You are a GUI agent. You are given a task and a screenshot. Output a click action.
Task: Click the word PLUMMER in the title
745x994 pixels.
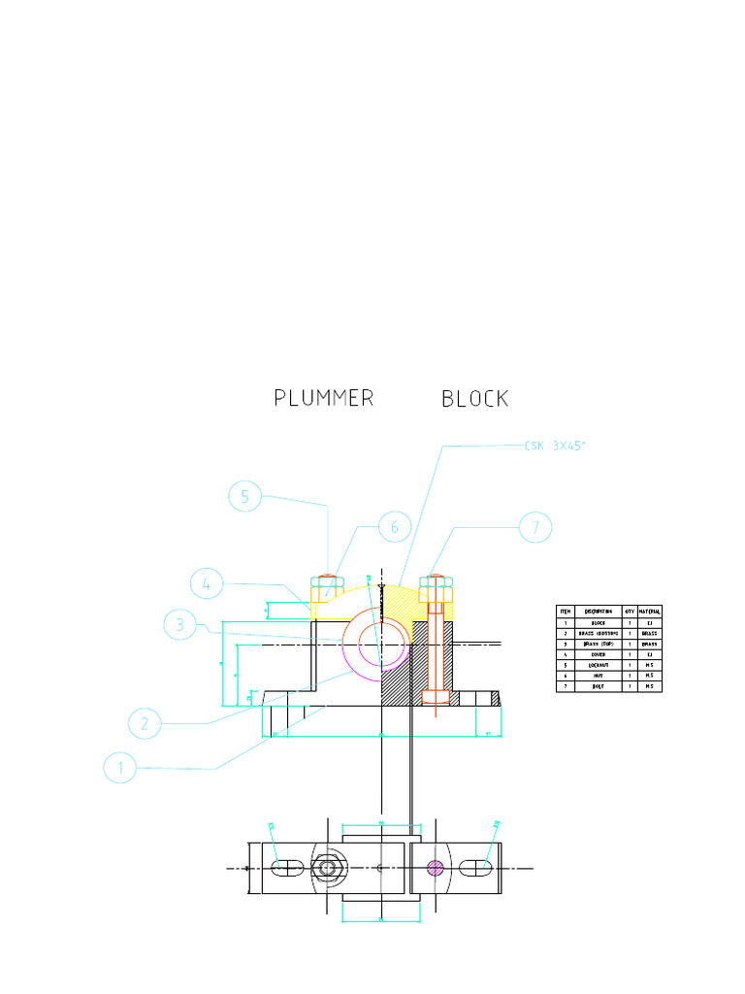[323, 398]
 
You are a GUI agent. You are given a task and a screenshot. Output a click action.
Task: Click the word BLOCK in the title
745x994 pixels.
[474, 398]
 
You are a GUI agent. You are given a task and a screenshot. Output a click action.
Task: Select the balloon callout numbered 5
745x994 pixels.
[245, 497]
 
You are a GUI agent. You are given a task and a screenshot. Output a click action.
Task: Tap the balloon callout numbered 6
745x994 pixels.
[394, 528]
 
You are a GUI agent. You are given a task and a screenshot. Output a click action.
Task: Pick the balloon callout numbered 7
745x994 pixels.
[534, 528]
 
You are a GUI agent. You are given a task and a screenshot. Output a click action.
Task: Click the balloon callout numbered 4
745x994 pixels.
[207, 584]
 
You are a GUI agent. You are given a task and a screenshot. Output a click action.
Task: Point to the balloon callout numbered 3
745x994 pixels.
[179, 626]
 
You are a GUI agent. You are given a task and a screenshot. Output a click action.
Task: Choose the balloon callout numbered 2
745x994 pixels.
[145, 722]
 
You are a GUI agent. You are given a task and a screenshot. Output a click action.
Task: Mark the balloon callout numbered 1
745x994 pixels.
[120, 767]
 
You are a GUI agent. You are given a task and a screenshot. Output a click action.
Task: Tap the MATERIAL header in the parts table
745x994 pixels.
[649, 611]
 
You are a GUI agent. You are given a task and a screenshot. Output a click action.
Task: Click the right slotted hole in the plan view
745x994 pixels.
[476, 867]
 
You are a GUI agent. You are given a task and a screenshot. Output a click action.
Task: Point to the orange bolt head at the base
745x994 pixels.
[436, 697]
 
